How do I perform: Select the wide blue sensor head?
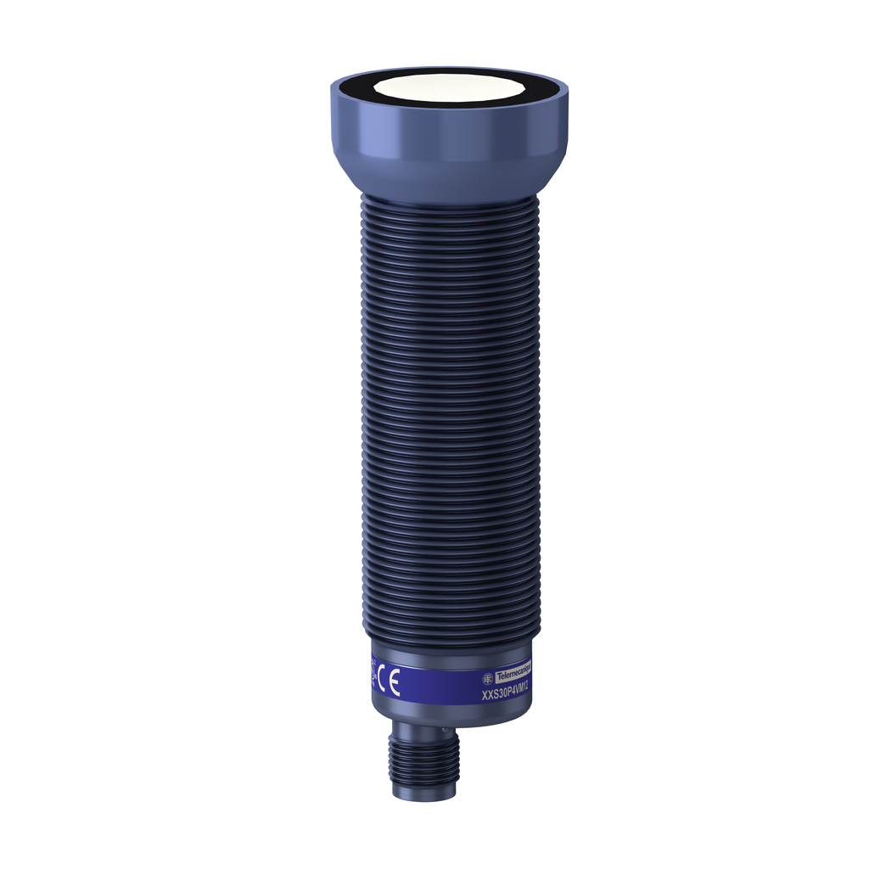(x=448, y=140)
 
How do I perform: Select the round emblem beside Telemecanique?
(x=488, y=677)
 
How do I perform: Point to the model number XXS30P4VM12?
(x=506, y=692)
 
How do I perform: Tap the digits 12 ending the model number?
(x=525, y=687)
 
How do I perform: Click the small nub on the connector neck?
(x=445, y=728)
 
